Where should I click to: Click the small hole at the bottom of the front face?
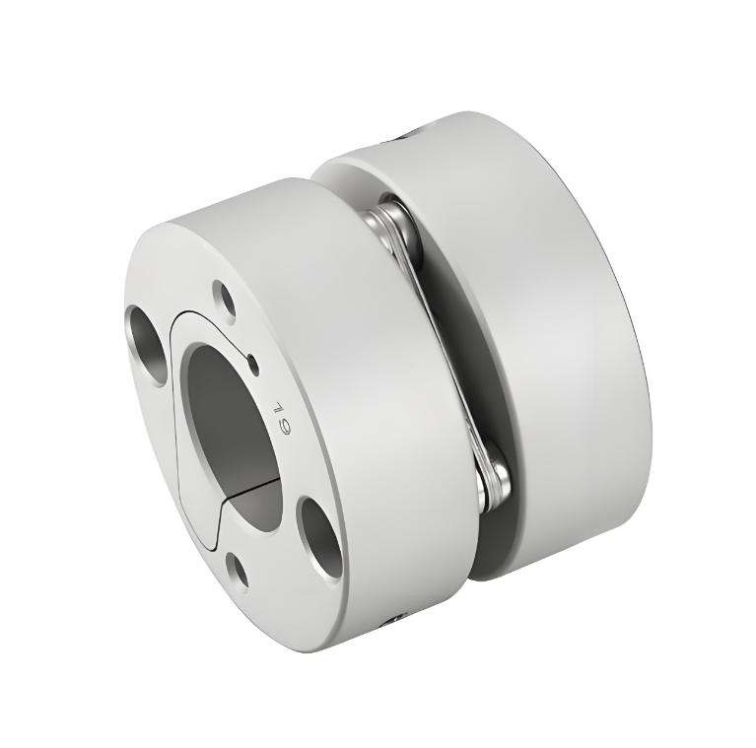click(x=238, y=570)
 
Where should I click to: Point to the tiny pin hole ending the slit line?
click(x=253, y=365)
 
